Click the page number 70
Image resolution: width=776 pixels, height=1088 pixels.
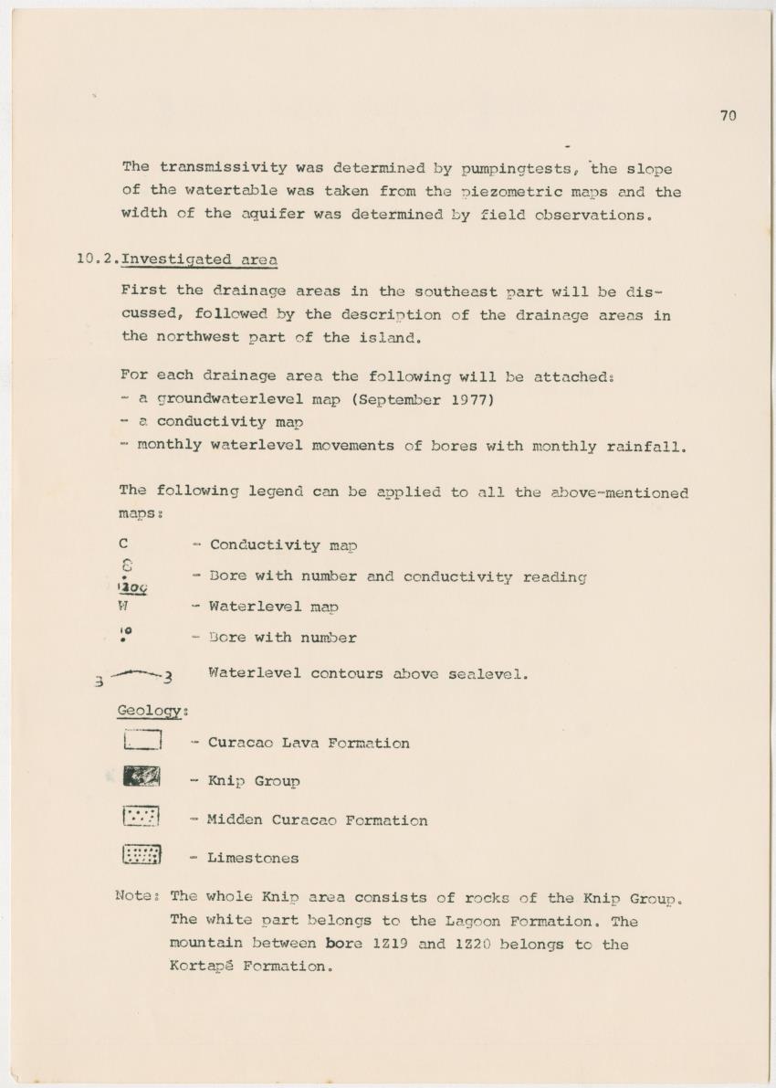[728, 115]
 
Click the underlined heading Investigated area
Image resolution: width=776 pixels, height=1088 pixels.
[199, 259]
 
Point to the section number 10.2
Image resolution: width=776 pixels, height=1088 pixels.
[97, 259]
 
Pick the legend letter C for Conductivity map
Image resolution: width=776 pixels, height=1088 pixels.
[123, 544]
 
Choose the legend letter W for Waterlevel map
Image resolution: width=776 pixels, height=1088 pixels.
[123, 606]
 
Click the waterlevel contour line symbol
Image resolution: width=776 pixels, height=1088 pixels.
[137, 676]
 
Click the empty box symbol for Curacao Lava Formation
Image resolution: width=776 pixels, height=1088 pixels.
[142, 741]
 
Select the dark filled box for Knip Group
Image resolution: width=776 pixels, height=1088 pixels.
[142, 778]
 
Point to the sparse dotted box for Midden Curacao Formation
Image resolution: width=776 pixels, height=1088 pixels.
[142, 817]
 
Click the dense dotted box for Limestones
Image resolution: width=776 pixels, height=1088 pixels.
[142, 855]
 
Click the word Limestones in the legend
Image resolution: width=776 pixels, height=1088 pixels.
[253, 858]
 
